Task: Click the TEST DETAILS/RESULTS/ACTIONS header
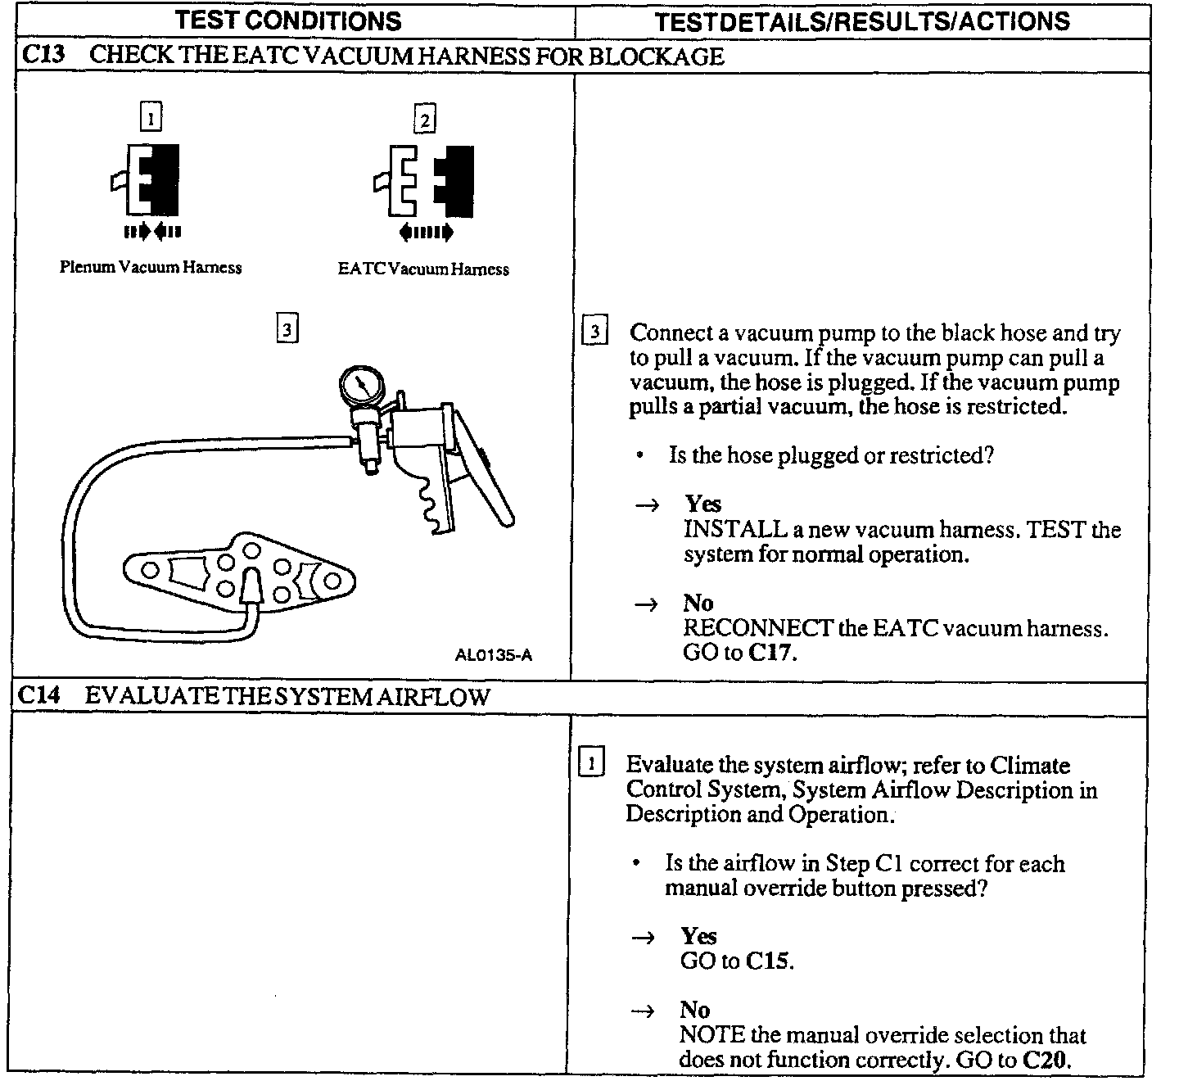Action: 862,21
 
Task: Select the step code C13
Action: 40,56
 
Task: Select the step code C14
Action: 39,696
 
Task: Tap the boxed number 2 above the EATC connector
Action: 425,120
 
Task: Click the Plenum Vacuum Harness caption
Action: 151,267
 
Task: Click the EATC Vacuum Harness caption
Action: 423,269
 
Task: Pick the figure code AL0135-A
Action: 494,654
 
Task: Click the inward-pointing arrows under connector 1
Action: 152,232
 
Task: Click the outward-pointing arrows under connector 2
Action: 426,233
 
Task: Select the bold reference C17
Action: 772,653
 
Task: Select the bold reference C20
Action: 1046,1060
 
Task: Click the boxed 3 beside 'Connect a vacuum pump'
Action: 594,332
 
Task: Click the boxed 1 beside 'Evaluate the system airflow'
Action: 590,764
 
